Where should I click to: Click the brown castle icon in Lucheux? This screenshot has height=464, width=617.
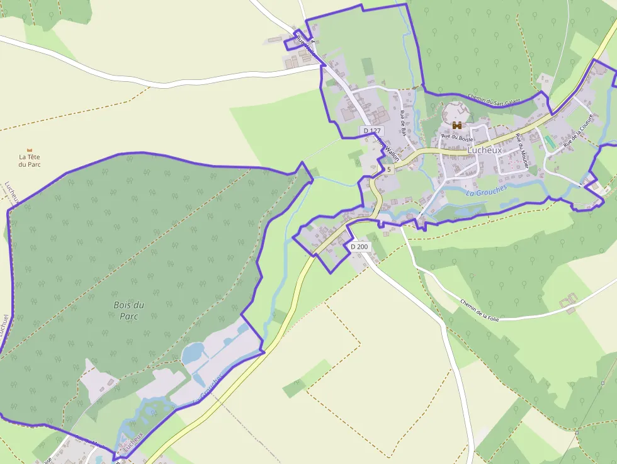coord(457,125)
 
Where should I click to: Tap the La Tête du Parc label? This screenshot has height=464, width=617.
coord(29,161)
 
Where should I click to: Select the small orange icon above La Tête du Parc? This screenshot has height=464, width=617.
coord(29,149)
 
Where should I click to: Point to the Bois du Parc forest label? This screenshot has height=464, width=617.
coord(128,310)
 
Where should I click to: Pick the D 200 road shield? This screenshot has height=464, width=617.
coord(359,246)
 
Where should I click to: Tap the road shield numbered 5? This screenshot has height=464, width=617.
coord(389,169)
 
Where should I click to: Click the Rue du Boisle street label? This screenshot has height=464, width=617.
coord(457,137)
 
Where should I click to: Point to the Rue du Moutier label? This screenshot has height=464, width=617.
coord(522,150)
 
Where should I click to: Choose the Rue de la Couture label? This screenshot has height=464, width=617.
coord(578,130)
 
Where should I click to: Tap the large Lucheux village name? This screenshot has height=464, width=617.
coord(485,151)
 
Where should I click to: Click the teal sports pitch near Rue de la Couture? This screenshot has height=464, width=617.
coord(550,142)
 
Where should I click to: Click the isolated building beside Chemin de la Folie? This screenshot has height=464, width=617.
coord(569,302)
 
